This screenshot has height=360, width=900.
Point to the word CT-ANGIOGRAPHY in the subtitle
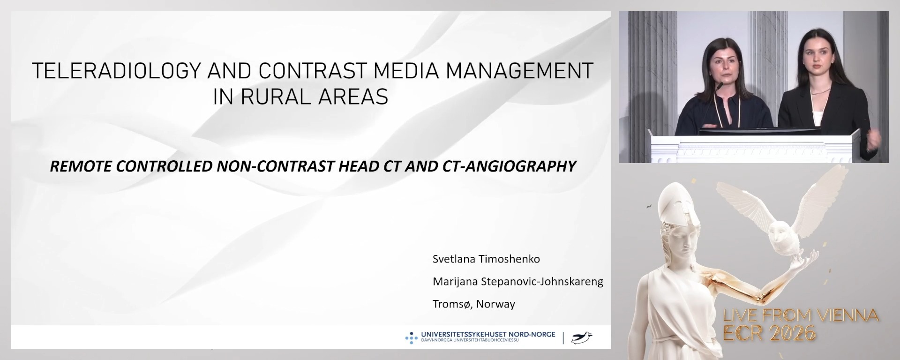pos(509,166)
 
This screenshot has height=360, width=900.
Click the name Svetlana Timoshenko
pos(486,259)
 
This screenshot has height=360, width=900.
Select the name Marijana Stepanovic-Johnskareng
pos(517,281)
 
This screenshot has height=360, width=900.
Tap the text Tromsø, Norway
pos(473,304)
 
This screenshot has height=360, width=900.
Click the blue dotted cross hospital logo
pos(411,337)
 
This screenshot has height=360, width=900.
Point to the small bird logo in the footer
pos(582,337)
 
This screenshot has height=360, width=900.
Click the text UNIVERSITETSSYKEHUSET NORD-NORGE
pos(488,335)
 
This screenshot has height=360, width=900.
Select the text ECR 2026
pos(770,333)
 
